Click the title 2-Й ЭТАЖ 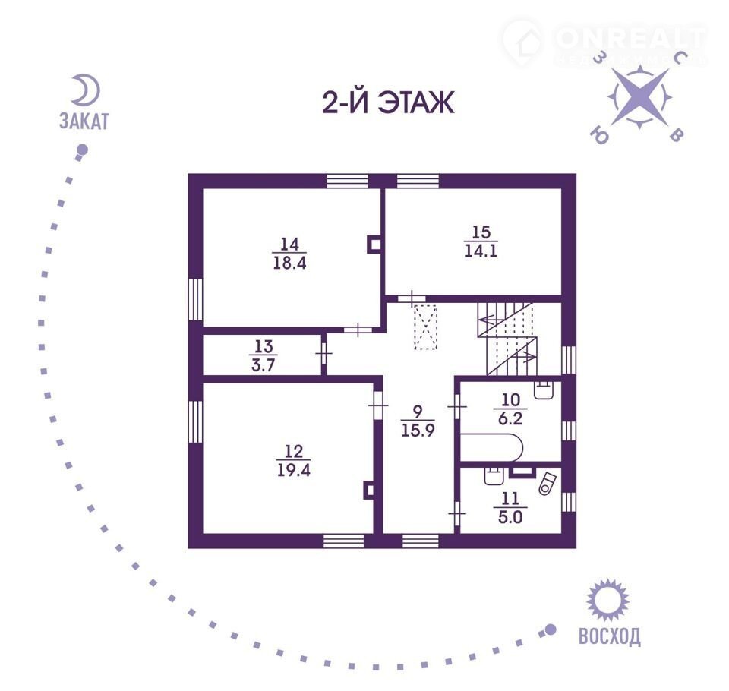pos(389,103)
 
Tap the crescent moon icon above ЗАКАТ pos(84,90)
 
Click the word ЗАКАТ pos(84,121)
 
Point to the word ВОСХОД pos(607,636)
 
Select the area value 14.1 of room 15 pos(481,251)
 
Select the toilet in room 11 pos(548,484)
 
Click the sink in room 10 pos(544,390)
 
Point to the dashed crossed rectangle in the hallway pos(427,327)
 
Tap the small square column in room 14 pos(374,244)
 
